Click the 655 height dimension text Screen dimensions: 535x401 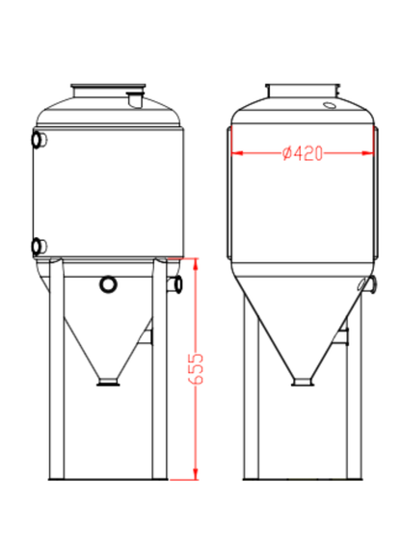pyautogui.click(x=197, y=368)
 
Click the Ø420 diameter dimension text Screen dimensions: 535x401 pyautogui.click(x=303, y=153)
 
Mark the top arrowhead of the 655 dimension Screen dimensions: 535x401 pyautogui.click(x=197, y=262)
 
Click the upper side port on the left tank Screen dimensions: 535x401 pyautogui.click(x=39, y=141)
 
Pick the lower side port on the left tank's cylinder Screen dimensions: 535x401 pyautogui.click(x=39, y=246)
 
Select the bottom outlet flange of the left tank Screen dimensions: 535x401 pyautogui.click(x=107, y=384)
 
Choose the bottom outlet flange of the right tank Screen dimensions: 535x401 pyautogui.click(x=303, y=383)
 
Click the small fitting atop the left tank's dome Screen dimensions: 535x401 pyautogui.click(x=135, y=96)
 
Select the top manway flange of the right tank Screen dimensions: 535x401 pyautogui.click(x=303, y=92)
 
